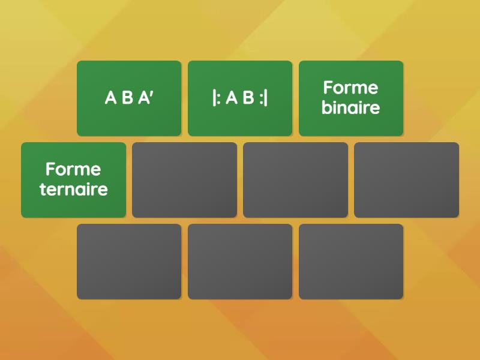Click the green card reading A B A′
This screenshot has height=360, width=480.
[x=129, y=98]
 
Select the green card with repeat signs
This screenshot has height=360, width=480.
[x=240, y=98]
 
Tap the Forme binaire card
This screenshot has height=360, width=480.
[x=351, y=98]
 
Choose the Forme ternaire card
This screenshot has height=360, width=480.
[x=73, y=180]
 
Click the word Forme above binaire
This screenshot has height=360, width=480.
[x=351, y=88]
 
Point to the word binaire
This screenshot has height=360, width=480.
[x=351, y=107]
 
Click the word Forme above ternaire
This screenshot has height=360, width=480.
[x=73, y=169]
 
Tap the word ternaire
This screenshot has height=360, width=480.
[x=73, y=189]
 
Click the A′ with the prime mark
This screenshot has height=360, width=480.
[x=146, y=98]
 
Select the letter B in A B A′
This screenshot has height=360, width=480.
[x=127, y=98]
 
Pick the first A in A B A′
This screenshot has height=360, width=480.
[x=110, y=98]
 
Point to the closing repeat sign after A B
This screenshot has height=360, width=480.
[x=263, y=98]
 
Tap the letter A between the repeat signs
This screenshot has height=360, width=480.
[x=232, y=98]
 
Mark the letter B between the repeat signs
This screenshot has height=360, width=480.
[x=248, y=98]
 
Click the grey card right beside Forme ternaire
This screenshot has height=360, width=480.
[x=185, y=180]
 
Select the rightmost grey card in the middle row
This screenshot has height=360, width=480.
[x=407, y=180]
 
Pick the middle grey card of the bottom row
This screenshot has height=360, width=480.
[x=240, y=262]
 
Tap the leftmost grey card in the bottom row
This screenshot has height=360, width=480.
[x=129, y=262]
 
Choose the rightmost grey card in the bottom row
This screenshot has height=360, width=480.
[x=351, y=262]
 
